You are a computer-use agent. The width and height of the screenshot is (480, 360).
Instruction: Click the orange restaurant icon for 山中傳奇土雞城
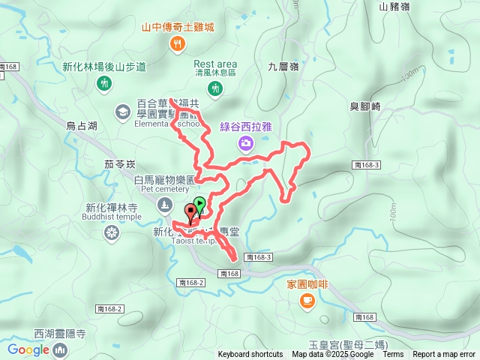(x=178, y=44)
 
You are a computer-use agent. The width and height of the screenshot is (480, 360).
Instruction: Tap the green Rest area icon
(x=216, y=89)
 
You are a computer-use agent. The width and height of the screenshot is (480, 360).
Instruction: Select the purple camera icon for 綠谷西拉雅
(x=245, y=143)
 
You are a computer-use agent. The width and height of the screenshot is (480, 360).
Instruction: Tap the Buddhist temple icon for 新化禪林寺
(x=111, y=234)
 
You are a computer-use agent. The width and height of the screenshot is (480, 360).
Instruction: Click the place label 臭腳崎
(x=365, y=106)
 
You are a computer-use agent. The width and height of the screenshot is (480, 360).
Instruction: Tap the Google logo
(x=28, y=349)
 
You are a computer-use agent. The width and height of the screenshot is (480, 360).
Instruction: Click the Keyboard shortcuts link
(x=250, y=355)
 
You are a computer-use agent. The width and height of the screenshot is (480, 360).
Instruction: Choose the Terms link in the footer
(x=393, y=355)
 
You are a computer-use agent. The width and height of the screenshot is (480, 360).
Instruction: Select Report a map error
(x=444, y=355)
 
